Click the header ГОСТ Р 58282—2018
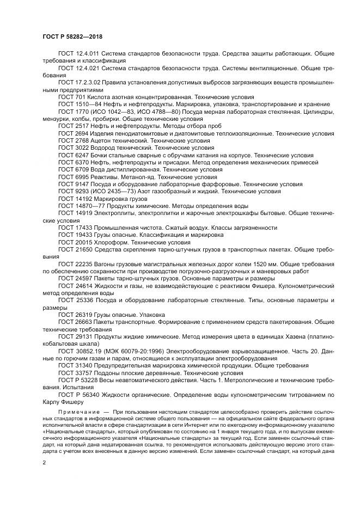tap(72, 36)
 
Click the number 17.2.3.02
tap(88, 84)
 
